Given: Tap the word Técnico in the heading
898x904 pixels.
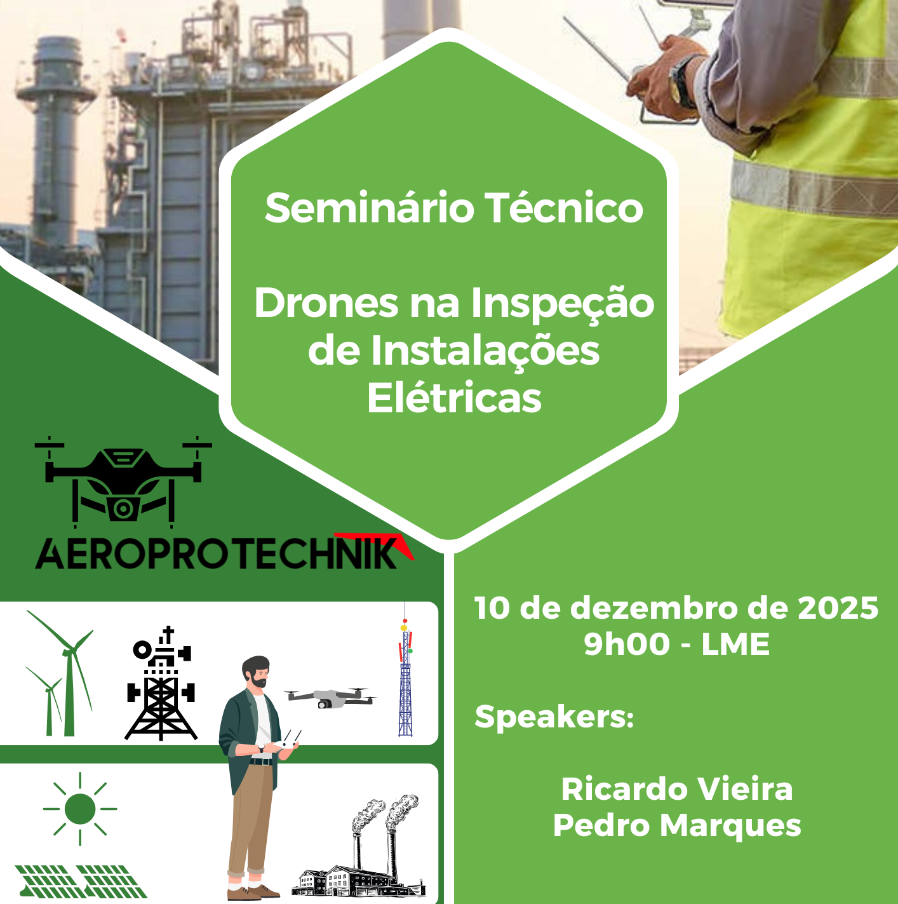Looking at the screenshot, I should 564,208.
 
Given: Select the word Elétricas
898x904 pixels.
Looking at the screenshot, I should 454,398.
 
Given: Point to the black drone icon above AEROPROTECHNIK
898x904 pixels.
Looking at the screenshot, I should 123,480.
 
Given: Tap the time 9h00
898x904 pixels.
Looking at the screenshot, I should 626,644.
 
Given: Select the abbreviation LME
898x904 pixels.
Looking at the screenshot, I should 735,644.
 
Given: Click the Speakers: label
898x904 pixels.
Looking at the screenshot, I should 554,717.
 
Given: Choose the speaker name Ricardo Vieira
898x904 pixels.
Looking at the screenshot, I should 677,789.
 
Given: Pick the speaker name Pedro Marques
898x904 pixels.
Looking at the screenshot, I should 677,825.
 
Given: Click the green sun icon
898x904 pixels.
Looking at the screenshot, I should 80,809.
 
